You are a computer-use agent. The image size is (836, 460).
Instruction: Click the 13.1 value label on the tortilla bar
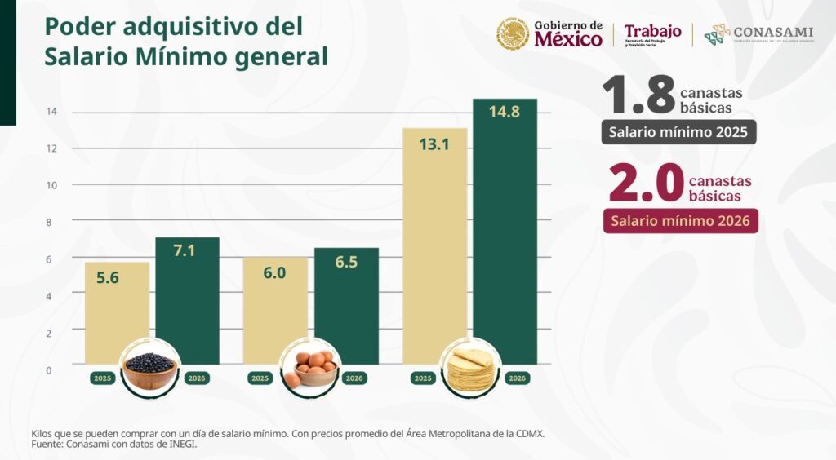(x=435, y=145)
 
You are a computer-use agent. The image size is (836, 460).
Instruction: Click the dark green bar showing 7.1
(x=188, y=302)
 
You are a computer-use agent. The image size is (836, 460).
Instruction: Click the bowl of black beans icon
(x=149, y=369)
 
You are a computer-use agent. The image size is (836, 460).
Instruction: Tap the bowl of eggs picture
(x=309, y=369)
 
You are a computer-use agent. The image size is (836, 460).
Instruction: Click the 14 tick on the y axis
(x=51, y=112)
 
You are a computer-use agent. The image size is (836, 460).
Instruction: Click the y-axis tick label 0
(x=48, y=370)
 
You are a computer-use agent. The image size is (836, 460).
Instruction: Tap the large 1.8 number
(x=638, y=96)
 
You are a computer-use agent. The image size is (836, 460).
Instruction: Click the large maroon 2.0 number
(x=645, y=184)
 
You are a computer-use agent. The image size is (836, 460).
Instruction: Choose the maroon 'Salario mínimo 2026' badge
(x=681, y=221)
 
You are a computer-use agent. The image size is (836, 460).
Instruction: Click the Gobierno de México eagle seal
(x=513, y=34)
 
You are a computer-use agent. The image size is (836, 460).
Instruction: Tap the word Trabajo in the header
(x=652, y=31)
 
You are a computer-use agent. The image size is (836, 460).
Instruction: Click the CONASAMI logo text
(x=772, y=32)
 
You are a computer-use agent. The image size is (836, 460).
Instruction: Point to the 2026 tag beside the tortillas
(x=517, y=378)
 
